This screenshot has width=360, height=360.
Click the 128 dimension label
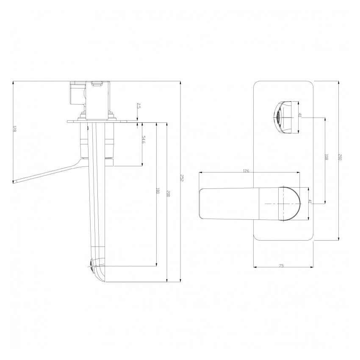[14, 129]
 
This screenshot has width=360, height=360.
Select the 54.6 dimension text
[144, 140]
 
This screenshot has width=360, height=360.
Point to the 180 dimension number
[158, 191]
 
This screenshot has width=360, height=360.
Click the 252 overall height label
[181, 178]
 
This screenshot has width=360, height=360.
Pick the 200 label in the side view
[168, 194]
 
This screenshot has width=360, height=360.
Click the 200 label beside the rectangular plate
[340, 157]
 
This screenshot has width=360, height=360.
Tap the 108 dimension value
[326, 158]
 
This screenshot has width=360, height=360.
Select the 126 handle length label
[246, 171]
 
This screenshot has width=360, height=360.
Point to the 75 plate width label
[281, 266]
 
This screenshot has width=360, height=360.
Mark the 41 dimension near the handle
[310, 202]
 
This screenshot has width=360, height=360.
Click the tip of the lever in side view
[15, 182]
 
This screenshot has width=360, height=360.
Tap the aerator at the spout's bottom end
[93, 266]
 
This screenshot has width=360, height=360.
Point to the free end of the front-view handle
[202, 204]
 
